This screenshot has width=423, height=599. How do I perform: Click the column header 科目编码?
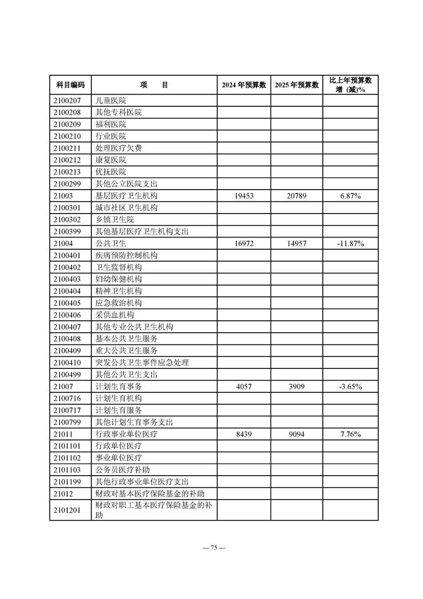[70, 85]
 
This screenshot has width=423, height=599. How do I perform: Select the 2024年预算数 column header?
[244, 85]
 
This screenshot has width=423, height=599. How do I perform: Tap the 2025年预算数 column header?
[297, 85]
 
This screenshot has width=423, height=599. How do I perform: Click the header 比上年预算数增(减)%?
[350, 85]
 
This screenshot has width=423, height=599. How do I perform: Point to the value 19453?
[244, 196]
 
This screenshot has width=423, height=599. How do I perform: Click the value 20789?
[297, 196]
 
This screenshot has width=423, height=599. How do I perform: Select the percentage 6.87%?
[350, 196]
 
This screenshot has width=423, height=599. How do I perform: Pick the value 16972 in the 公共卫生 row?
[244, 243]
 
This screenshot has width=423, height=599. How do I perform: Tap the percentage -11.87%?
[350, 243]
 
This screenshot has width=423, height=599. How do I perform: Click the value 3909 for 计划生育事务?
[297, 386]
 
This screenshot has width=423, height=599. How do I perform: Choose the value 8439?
[244, 434]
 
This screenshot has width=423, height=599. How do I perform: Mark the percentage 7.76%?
[350, 434]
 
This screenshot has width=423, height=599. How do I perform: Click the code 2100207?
[67, 100]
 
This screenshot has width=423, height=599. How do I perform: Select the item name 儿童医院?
[111, 100]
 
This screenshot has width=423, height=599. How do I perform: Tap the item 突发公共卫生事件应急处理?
[142, 362]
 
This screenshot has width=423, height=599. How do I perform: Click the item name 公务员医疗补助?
[123, 470]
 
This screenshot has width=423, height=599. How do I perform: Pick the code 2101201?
[67, 510]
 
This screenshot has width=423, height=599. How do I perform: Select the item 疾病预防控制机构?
[126, 255]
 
